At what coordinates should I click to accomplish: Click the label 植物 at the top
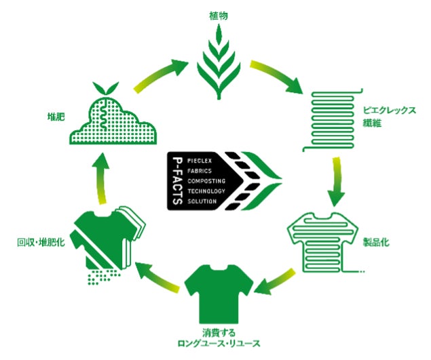pos(218,15)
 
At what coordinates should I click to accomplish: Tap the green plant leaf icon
pos(218,62)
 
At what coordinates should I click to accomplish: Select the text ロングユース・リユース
pos(218,344)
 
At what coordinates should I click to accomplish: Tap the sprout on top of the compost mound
pos(103,88)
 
